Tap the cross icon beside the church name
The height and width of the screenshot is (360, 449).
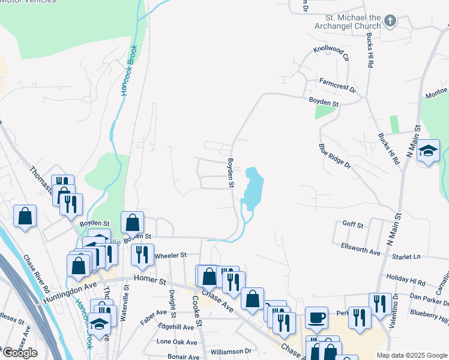[x=390, y=22]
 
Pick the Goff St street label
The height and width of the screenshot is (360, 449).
[x=353, y=224]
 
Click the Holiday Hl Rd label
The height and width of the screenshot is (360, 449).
[x=406, y=281]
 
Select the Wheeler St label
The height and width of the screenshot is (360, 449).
[x=171, y=256]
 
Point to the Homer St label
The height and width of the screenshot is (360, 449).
[x=149, y=280]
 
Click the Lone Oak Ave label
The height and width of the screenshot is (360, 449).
[x=176, y=342]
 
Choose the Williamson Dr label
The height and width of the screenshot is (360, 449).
[x=230, y=350]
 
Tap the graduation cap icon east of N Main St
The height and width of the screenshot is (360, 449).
[x=429, y=151]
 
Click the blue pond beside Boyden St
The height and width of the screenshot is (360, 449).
[x=253, y=187]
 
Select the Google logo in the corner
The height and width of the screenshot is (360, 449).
[x=19, y=353]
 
